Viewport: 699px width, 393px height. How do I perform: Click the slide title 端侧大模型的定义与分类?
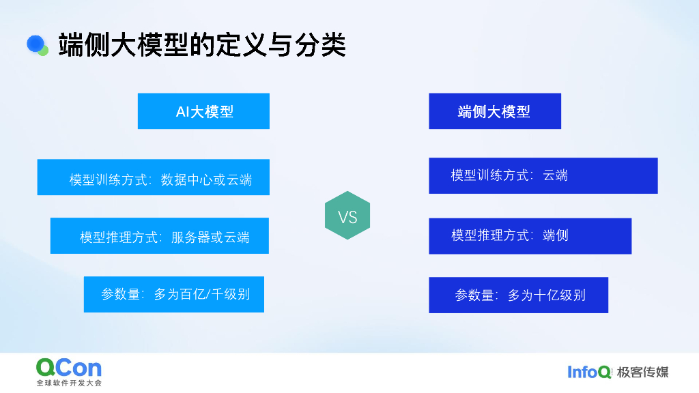(202, 45)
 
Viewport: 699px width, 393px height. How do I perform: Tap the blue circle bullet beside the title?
(35, 44)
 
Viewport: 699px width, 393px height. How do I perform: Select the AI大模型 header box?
(203, 111)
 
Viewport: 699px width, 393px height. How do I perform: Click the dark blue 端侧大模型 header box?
(494, 111)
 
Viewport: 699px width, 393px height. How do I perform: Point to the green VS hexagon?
(347, 216)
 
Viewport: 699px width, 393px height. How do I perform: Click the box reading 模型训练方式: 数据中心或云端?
(153, 177)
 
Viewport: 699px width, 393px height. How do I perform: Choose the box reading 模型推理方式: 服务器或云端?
(159, 236)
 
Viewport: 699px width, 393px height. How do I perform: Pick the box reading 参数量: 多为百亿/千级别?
(173, 294)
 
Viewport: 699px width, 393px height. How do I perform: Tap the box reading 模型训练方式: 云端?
(543, 176)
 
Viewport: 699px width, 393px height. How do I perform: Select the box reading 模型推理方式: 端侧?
(530, 236)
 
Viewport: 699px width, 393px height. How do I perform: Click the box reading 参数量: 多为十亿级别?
(518, 295)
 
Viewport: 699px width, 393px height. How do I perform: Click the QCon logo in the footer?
(69, 368)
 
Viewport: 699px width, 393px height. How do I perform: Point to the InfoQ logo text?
(589, 372)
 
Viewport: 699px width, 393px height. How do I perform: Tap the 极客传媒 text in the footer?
(642, 372)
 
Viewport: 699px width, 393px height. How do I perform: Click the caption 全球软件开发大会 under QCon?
(69, 383)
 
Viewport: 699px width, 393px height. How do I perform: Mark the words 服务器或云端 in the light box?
(210, 237)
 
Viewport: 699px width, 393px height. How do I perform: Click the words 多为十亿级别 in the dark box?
(547, 295)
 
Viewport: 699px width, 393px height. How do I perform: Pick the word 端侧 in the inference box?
(555, 235)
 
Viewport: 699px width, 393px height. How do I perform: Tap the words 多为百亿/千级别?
(202, 295)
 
